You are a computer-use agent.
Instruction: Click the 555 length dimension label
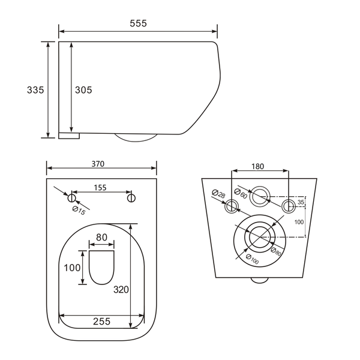tap(138, 23)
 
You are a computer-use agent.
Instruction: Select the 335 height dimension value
tap(35, 90)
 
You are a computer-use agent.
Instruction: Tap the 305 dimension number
tap(83, 90)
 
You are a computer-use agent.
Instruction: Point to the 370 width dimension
tap(98, 164)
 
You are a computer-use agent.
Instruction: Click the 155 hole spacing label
tap(100, 188)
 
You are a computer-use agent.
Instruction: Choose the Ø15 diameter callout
tap(79, 211)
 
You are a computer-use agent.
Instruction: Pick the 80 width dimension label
tap(102, 238)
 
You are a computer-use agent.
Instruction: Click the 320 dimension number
tap(121, 290)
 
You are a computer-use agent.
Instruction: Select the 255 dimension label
tap(102, 322)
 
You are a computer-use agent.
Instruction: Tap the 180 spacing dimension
tap(257, 166)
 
